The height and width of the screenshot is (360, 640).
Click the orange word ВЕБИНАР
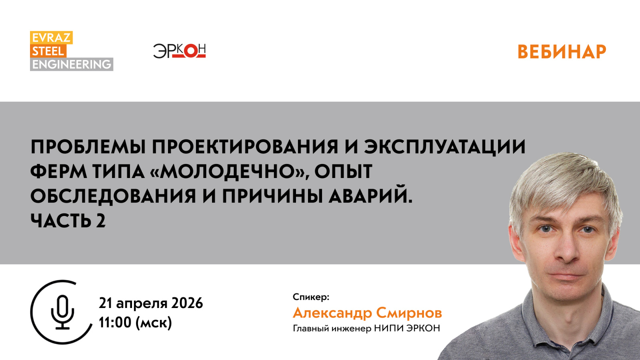coord(562,52)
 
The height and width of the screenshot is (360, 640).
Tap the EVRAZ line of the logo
coord(51,38)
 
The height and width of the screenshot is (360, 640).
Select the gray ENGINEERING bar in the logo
coord(72,64)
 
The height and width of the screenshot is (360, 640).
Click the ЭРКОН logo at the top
coord(179,51)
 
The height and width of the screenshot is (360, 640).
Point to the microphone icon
coord(62,312)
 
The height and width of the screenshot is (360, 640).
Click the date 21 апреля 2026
coord(151,303)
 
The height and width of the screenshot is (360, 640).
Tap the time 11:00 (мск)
coord(135,322)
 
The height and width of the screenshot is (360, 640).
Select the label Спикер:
coord(311,297)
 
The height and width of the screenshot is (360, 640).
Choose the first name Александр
coord(332,313)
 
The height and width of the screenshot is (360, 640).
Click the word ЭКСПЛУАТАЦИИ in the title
coord(444,146)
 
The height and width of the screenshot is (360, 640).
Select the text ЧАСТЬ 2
coord(68,221)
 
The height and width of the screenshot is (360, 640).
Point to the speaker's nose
coord(567,250)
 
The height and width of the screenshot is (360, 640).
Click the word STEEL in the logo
coord(48,51)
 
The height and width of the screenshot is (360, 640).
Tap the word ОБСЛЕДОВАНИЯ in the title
coord(113,196)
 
